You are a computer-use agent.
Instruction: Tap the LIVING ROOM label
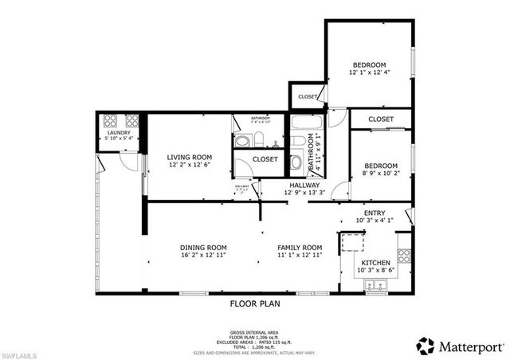pos(189,157)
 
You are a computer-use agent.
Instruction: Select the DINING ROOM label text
pos(203,248)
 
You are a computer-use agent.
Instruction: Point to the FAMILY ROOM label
pos(300,248)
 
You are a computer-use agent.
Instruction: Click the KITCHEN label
pos(375,262)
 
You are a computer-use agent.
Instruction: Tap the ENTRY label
pos(375,213)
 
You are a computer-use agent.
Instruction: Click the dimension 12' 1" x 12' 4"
pos(371,72)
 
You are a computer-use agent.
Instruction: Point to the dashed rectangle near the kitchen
pos(350,244)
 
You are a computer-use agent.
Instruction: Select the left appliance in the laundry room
pos(109,122)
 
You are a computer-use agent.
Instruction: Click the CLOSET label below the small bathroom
pos(265,159)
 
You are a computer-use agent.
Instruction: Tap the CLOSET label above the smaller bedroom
pos(381,119)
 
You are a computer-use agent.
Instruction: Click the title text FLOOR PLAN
pos(254,303)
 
